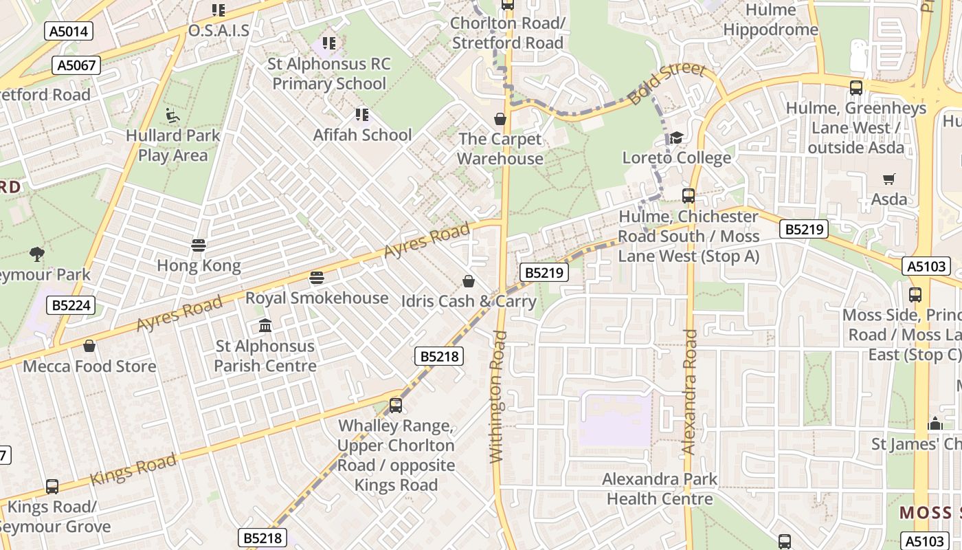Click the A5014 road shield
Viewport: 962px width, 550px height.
pos(69,31)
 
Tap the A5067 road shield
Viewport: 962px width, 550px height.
pos(76,65)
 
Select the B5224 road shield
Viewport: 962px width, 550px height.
pos(71,305)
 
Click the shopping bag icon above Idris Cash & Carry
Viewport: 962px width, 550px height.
pos(469,281)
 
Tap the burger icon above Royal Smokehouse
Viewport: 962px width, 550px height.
pos(316,278)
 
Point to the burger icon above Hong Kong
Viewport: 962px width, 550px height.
pos(199,245)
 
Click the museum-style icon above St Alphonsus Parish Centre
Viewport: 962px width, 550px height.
pos(265,326)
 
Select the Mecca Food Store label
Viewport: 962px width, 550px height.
pos(89,366)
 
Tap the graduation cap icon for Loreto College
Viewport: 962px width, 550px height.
pos(676,138)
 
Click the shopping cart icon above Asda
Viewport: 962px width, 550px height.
pos(888,179)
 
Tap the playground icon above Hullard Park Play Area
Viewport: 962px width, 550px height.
pos(172,115)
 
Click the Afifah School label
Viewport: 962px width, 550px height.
pos(362,135)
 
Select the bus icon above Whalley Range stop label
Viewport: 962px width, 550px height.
pos(395,406)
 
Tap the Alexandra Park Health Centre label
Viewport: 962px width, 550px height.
pos(660,489)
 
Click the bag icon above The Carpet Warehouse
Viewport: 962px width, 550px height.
pos(500,119)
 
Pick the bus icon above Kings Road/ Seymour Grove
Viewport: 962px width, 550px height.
pos(52,487)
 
